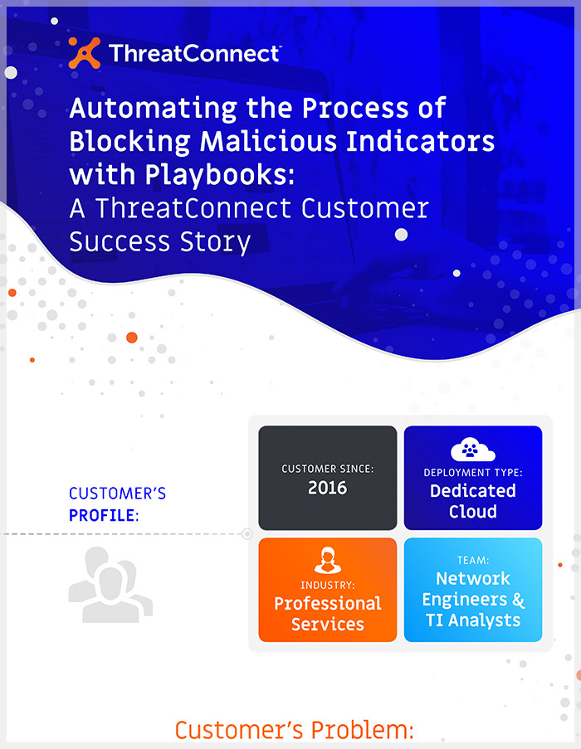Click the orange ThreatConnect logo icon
click(85, 53)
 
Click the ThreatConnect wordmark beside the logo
click(195, 53)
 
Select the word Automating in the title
click(153, 109)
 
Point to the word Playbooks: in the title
click(220, 176)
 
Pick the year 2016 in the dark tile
click(327, 488)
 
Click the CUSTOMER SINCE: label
click(328, 469)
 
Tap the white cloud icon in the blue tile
click(472, 449)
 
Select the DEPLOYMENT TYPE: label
click(473, 473)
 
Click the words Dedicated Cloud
click(473, 501)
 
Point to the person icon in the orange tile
click(328, 561)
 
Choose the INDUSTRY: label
click(328, 585)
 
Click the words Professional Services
click(328, 614)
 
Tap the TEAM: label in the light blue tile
click(473, 560)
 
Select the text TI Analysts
click(473, 620)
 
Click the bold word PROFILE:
click(104, 515)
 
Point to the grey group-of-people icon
click(110, 585)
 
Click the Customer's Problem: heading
click(294, 731)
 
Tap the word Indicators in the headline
click(421, 141)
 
